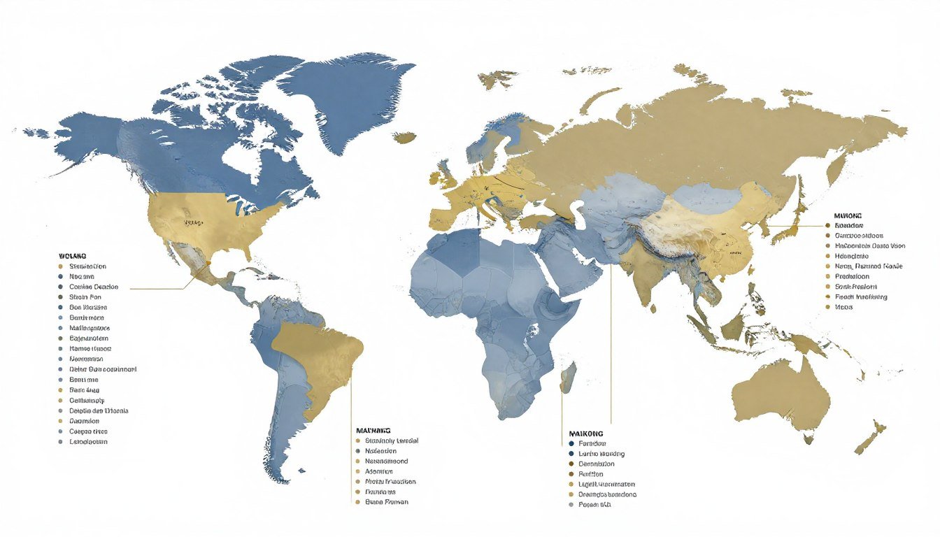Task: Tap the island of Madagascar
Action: tap(568, 378)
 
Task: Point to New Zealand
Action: tap(871, 437)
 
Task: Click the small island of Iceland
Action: tap(404, 138)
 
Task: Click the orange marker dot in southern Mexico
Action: tap(208, 264)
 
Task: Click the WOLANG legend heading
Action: tap(73, 257)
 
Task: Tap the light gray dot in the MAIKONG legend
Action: tap(571, 504)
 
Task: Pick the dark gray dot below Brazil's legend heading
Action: tap(358, 451)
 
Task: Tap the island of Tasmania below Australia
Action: tap(809, 439)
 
